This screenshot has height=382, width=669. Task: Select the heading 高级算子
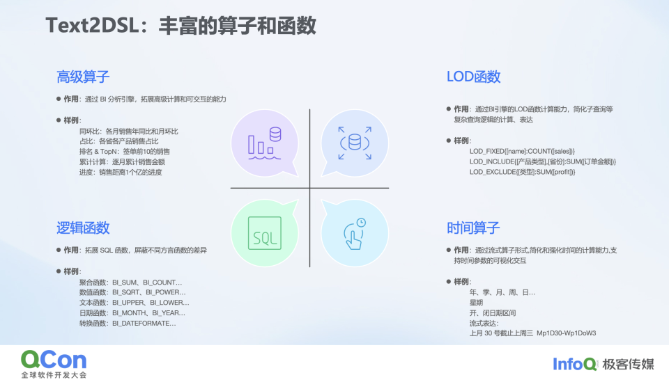83,77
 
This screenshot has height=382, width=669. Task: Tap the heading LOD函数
473,77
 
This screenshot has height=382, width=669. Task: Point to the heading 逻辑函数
83,228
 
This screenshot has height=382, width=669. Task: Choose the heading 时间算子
473,228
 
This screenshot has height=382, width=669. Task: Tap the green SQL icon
264,233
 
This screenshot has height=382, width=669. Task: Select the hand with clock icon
355,234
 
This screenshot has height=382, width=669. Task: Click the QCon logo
54,360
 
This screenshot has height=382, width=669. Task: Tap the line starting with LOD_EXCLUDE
522,172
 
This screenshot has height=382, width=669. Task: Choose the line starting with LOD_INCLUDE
542,161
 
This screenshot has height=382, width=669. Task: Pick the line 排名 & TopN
124,151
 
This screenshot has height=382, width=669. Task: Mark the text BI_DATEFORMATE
144,323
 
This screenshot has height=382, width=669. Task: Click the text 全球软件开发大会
54,375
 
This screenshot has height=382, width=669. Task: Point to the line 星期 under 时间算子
477,303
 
